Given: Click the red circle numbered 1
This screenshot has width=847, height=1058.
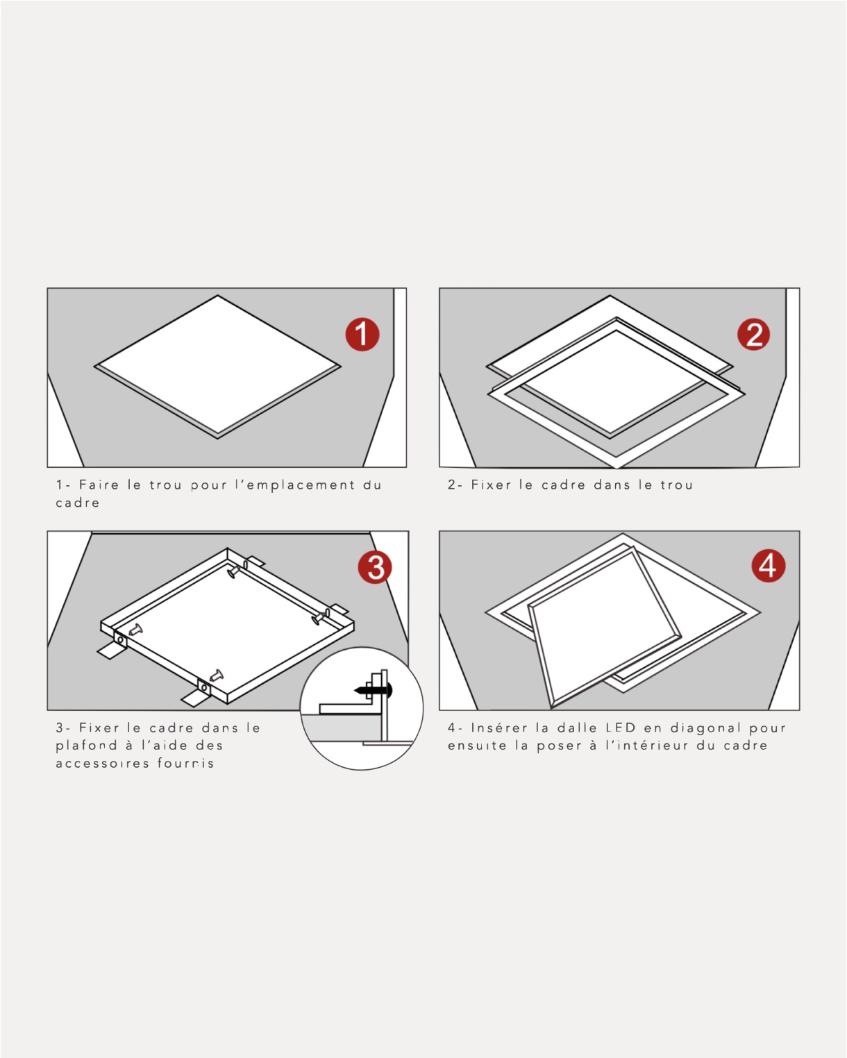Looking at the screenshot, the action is (x=362, y=335).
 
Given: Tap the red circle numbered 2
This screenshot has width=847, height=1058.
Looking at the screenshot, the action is (x=753, y=335).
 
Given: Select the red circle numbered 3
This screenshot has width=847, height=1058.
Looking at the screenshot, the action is (x=375, y=567).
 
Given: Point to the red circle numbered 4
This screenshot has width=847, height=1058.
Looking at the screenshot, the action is (x=769, y=565).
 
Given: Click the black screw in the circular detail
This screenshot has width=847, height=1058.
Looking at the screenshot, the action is (x=374, y=690).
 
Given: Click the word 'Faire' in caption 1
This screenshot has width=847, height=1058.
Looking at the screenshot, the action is (x=99, y=485).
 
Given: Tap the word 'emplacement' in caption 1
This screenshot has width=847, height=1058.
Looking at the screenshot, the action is (x=301, y=485).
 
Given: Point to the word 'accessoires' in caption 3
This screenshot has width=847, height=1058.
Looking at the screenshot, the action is (x=102, y=764).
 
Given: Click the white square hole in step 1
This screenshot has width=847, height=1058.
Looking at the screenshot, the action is (x=217, y=365).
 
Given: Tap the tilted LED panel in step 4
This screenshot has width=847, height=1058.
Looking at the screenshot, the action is (x=604, y=628).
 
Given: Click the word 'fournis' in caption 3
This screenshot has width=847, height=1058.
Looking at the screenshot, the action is (x=186, y=764).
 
